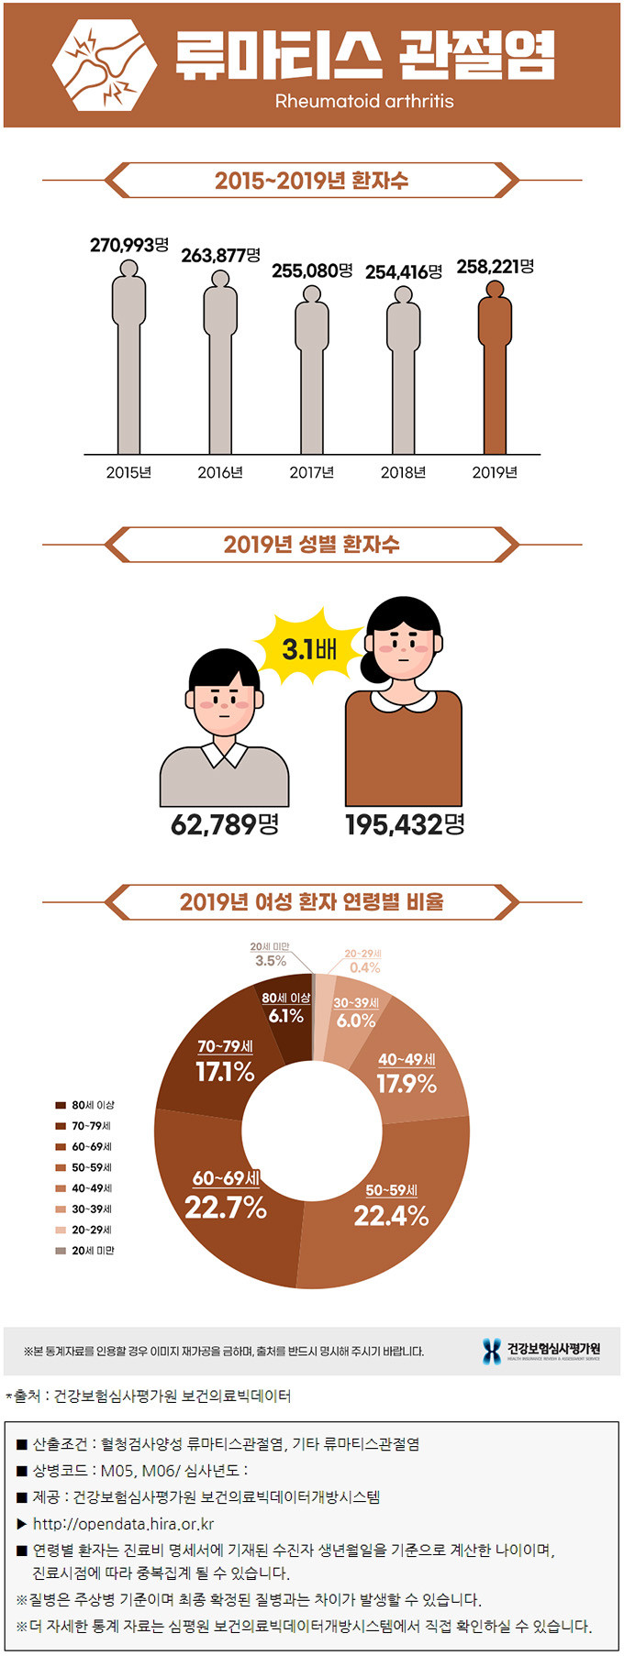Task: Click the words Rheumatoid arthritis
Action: [364, 101]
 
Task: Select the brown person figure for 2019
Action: [495, 367]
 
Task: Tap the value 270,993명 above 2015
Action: [129, 245]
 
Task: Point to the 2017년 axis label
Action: [311, 472]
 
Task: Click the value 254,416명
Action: [404, 271]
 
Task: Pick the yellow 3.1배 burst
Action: [309, 649]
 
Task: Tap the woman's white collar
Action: [404, 701]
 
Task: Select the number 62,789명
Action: [225, 823]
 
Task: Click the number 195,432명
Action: [405, 823]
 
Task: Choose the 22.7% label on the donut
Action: [226, 1207]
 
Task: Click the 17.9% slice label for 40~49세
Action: [407, 1084]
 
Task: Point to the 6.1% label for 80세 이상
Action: [285, 1015]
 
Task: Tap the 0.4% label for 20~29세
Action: [364, 967]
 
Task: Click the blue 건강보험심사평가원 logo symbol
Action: [492, 1350]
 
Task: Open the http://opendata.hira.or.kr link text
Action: [123, 1523]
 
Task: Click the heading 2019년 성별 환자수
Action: [312, 545]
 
